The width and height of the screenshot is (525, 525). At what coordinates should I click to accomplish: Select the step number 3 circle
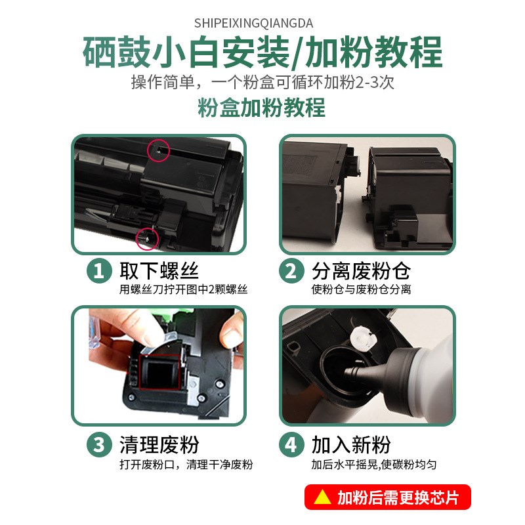99,446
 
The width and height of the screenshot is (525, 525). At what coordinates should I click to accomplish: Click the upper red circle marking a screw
159,150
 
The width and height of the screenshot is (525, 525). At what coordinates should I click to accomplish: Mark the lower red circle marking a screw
147,238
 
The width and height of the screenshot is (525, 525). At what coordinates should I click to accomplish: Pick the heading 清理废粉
159,446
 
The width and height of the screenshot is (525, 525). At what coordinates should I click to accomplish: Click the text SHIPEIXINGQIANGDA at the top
262,23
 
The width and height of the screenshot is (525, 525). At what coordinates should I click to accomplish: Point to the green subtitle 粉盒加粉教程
262,107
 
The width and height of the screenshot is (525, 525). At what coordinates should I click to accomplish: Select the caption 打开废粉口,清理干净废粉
186,465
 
